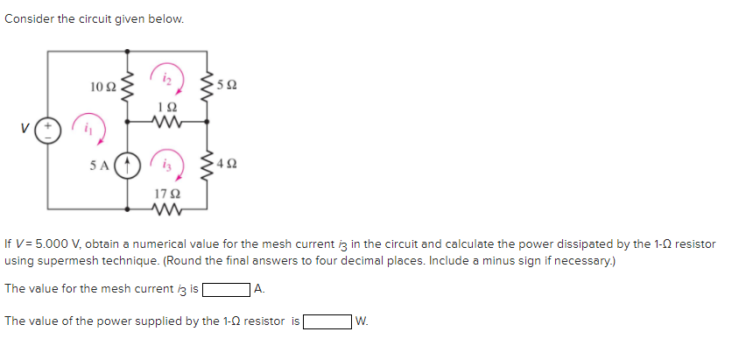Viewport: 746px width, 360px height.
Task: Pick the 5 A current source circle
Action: coord(128,163)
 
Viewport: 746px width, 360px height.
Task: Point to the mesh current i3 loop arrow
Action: coord(167,162)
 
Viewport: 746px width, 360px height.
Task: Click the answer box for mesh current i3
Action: coord(226,288)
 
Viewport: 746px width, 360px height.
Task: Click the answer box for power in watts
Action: coord(326,321)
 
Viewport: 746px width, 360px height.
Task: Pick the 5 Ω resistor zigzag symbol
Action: coord(208,86)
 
